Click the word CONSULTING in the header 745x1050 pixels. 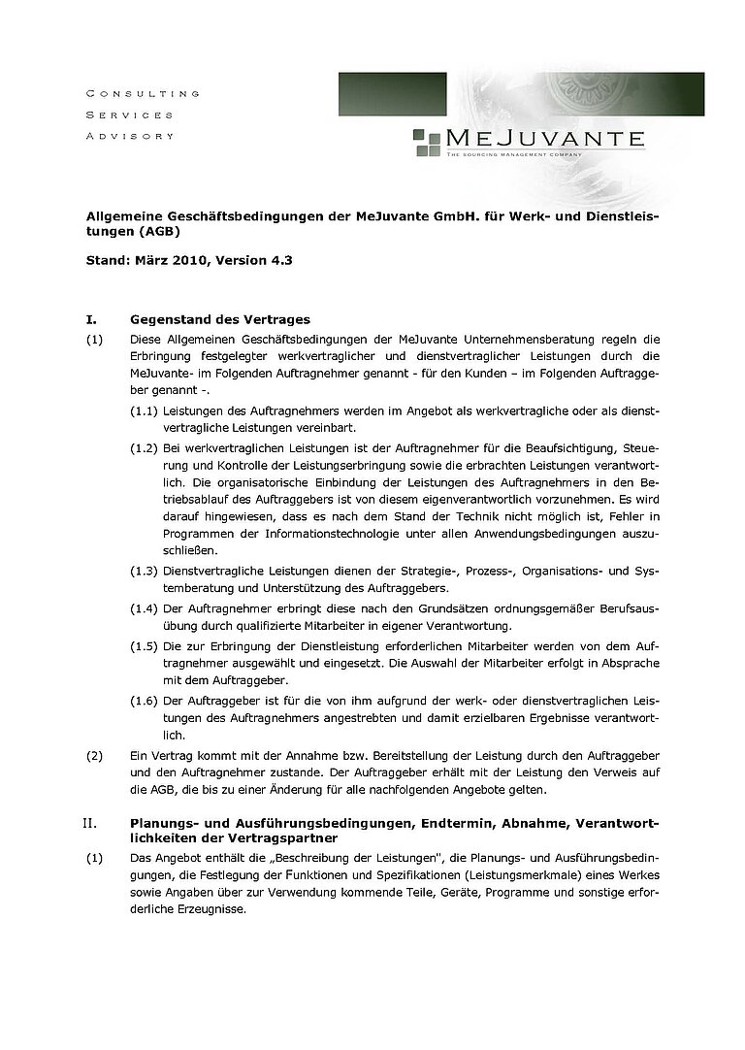pyautogui.click(x=143, y=94)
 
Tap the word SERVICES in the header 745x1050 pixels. pyautogui.click(x=129, y=115)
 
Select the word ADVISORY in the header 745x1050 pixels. pyautogui.click(x=130, y=136)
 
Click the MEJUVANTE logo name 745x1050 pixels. pyautogui.click(x=545, y=137)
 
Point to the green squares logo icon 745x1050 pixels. pyautogui.click(x=427, y=142)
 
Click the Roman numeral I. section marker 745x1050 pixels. pyautogui.click(x=92, y=319)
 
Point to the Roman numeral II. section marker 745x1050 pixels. pyautogui.click(x=90, y=823)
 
